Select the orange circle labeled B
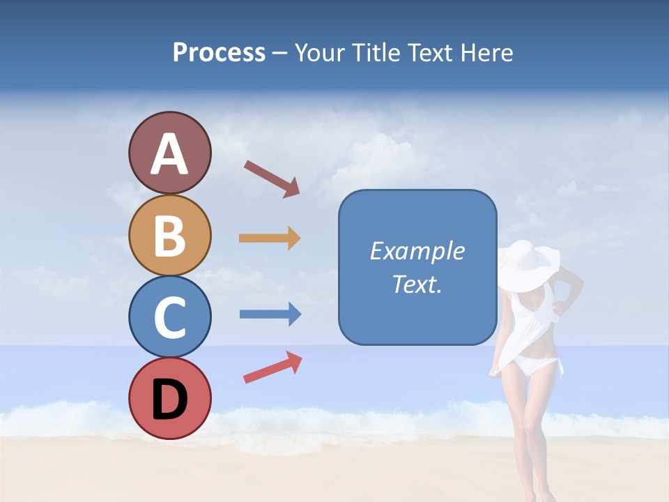(169, 235)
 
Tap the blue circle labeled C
(169, 317)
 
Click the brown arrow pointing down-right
(272, 178)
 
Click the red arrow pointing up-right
(272, 367)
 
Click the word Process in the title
(219, 53)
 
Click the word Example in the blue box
(417, 251)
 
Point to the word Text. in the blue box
(417, 284)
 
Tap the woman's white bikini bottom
(536, 365)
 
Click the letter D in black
(169, 400)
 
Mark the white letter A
(169, 155)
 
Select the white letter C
(169, 318)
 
